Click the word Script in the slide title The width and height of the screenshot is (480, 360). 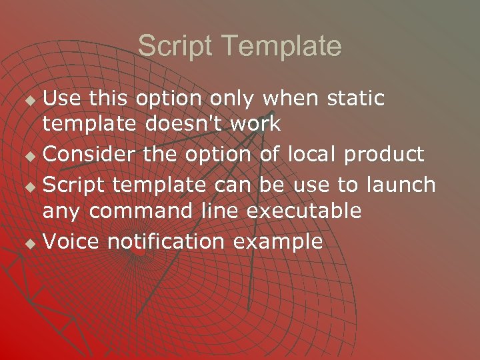point(174,47)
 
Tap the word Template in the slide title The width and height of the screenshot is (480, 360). point(282,47)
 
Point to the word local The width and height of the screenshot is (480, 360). point(312,155)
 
